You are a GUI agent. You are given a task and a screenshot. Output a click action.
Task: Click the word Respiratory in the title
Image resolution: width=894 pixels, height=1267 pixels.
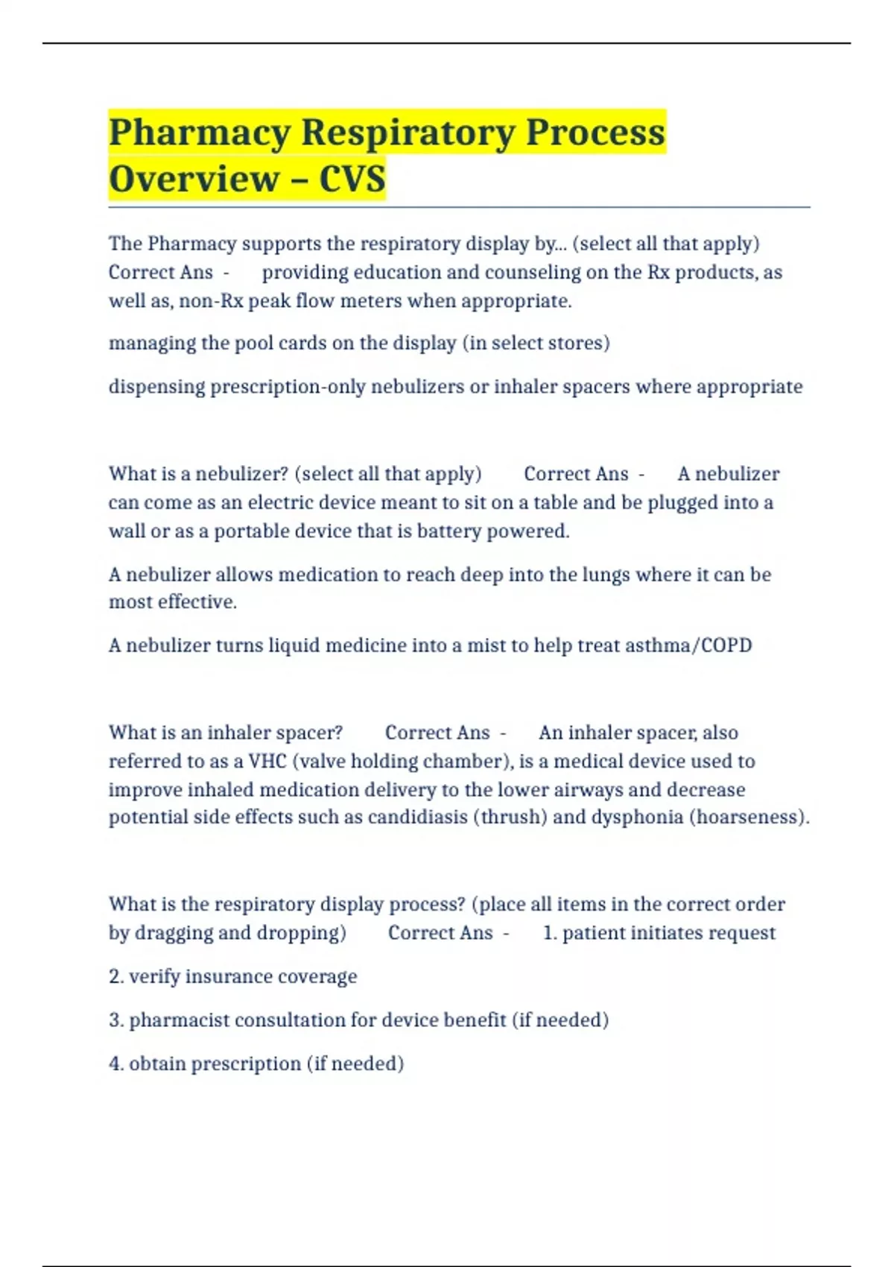pyautogui.click(x=408, y=133)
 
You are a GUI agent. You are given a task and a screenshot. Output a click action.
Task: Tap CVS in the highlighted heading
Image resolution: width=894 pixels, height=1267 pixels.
pyautogui.click(x=352, y=180)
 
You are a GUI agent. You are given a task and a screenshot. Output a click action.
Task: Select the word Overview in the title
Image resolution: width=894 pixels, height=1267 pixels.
pyautogui.click(x=194, y=180)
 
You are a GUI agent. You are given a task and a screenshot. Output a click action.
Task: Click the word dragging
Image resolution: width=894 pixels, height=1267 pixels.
pyautogui.click(x=173, y=933)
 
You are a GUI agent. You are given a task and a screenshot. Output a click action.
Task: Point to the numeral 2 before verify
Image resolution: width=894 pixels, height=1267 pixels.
pyautogui.click(x=115, y=976)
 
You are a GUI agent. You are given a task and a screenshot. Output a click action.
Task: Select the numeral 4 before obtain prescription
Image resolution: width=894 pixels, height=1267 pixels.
pyautogui.click(x=115, y=1064)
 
